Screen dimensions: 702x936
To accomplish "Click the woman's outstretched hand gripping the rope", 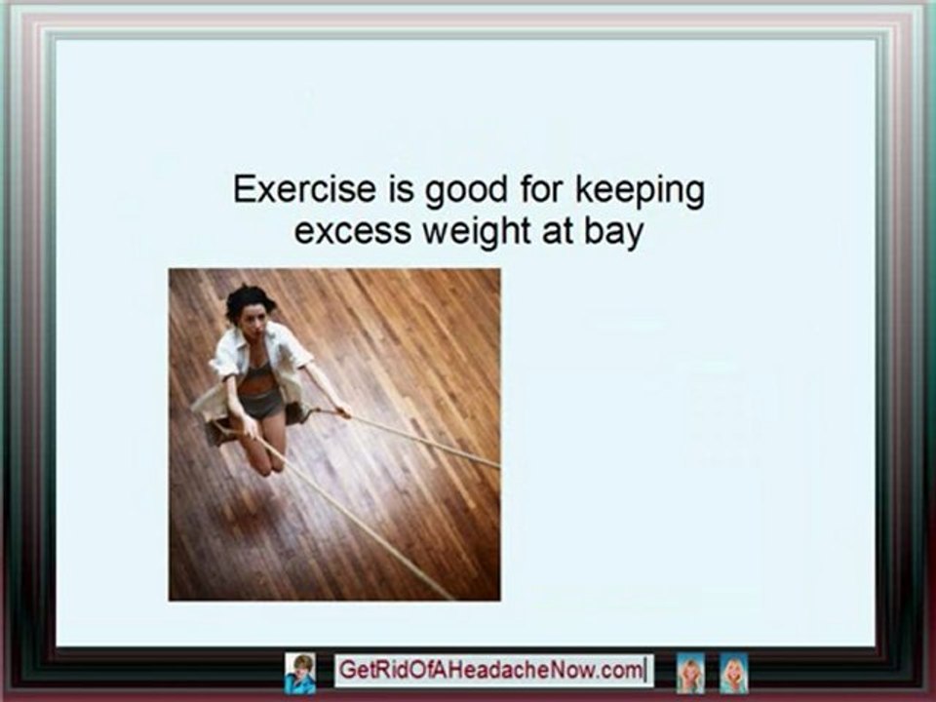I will pos(344,410).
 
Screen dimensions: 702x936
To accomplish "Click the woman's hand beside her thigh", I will pos(246,427).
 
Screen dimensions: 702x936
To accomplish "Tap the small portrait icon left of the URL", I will pos(300,671).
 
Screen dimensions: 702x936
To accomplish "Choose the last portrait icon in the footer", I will pos(733,673).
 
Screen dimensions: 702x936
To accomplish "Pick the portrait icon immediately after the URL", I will pos(690,673).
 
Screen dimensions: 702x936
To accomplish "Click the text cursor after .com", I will pos(644,671).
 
